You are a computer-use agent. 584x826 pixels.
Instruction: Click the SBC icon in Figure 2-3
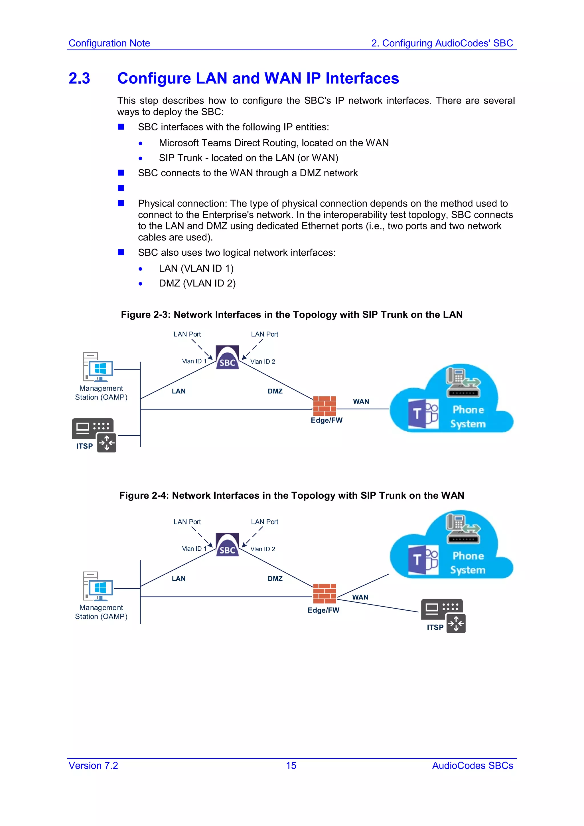[227, 357]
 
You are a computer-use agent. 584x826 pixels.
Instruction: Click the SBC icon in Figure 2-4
[227, 544]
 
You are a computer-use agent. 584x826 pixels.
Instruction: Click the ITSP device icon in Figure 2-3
[94, 434]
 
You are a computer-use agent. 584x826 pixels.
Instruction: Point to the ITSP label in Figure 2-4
[435, 627]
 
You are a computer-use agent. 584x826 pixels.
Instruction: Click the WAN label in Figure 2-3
[361, 401]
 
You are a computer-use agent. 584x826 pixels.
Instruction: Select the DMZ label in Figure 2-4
[275, 579]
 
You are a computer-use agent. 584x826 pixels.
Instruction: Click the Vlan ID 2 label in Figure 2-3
[263, 361]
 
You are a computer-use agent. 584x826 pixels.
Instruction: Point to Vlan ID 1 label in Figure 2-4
[194, 549]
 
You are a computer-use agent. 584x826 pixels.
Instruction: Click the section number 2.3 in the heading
[80, 78]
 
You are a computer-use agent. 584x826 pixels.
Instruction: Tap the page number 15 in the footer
[291, 766]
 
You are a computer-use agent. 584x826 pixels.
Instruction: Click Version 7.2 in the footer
[93, 766]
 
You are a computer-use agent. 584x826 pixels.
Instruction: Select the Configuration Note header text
[109, 43]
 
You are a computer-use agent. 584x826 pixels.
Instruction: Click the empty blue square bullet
[121, 188]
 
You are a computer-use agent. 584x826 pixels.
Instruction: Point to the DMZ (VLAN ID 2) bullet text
[197, 284]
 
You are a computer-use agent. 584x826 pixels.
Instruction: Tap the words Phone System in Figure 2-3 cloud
[468, 417]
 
